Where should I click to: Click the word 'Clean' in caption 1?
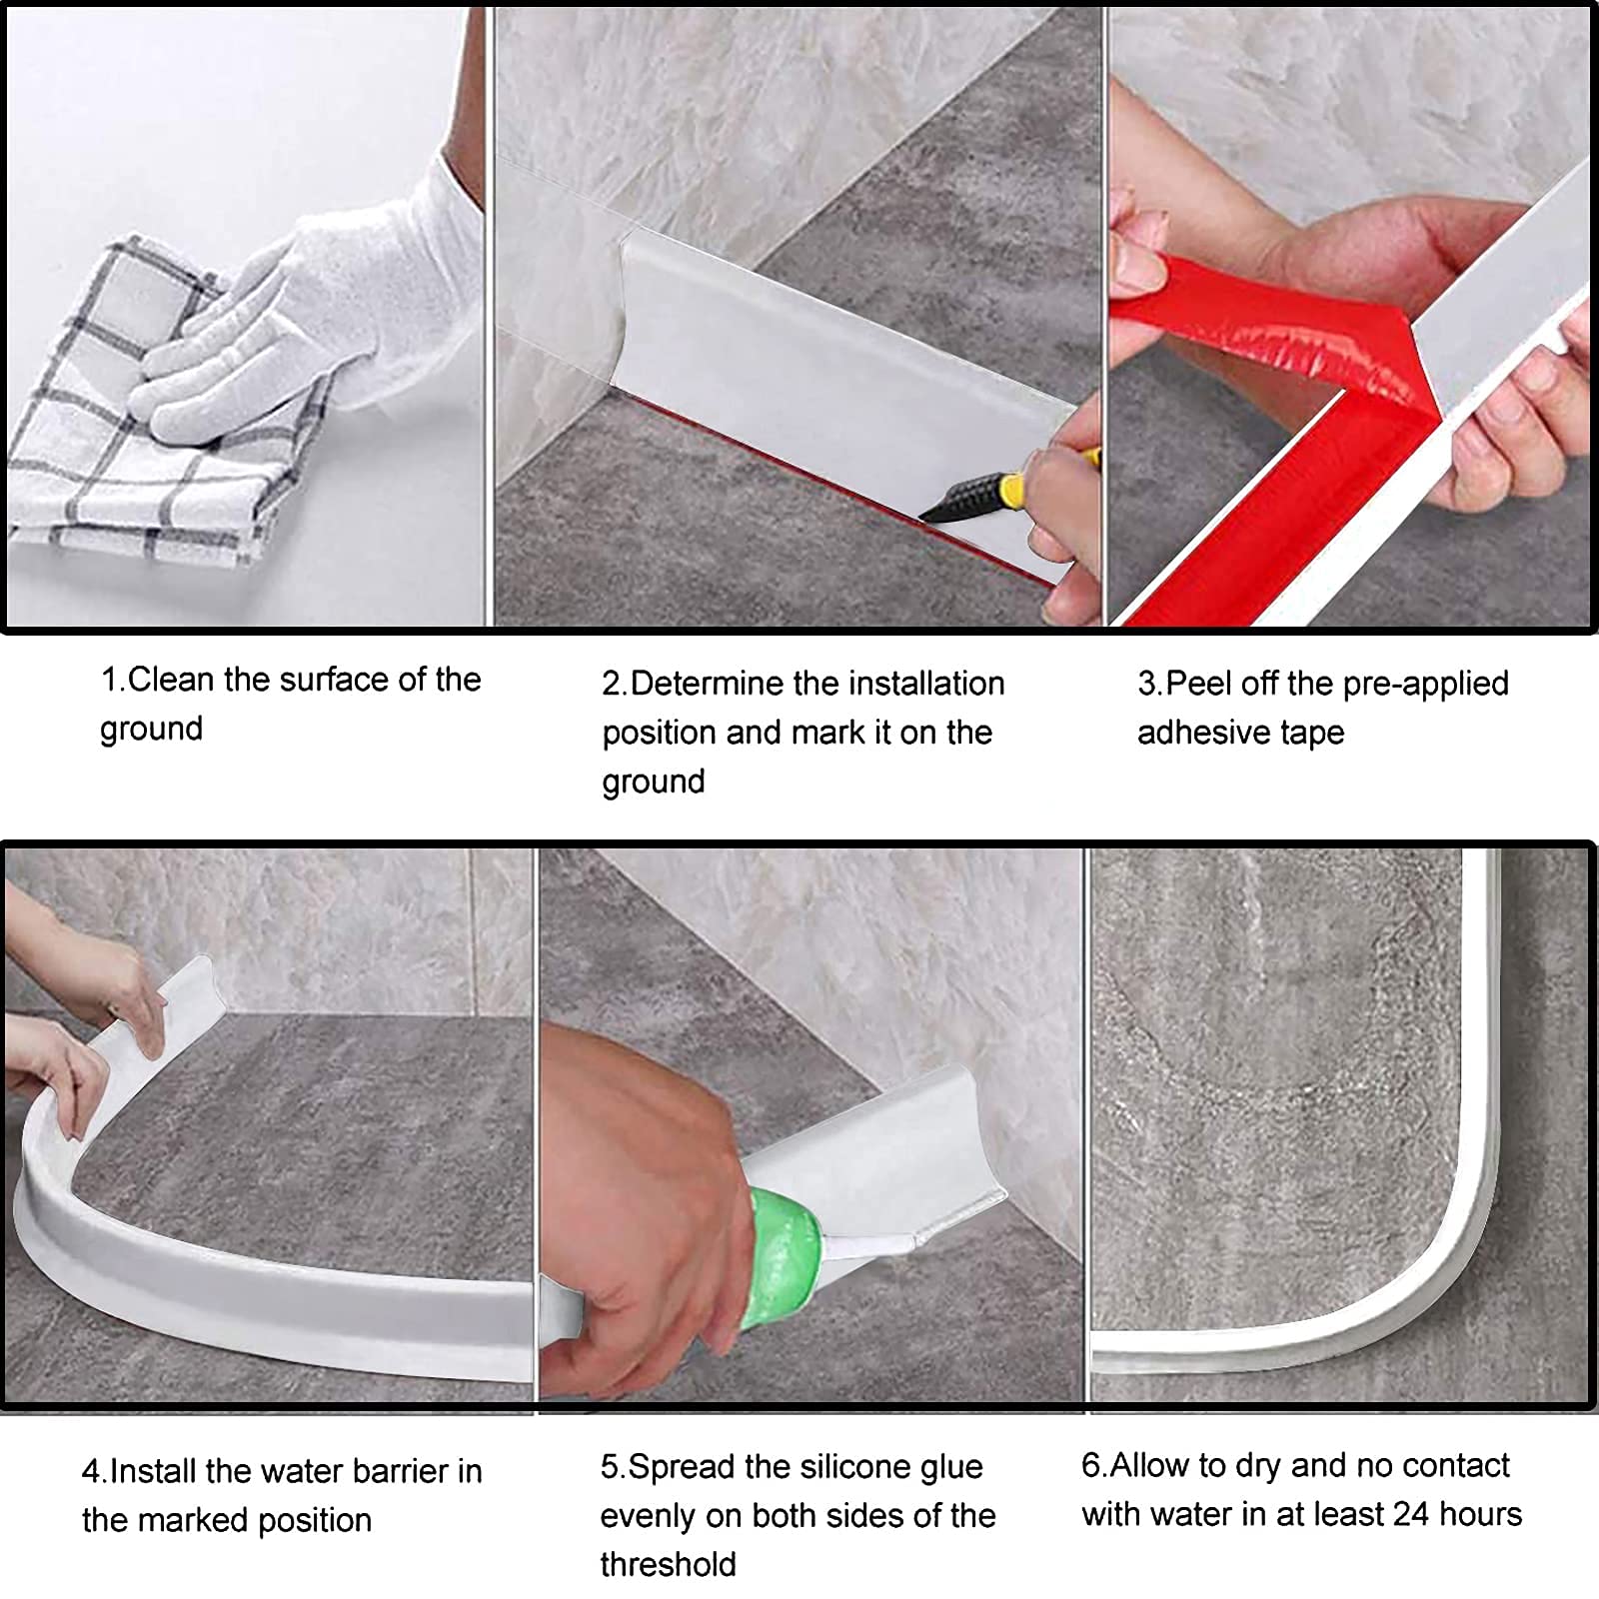[x=171, y=680]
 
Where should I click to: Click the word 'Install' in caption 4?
[x=155, y=1471]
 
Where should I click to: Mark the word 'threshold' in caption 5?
[x=668, y=1564]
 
